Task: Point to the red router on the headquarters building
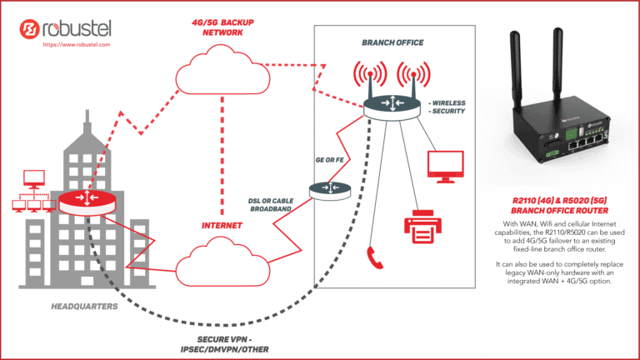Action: [x=86, y=201]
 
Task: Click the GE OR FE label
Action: [x=329, y=158]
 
